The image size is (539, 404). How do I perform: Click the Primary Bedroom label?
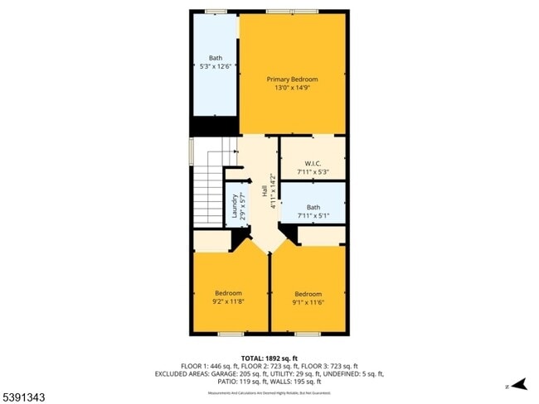pos(292,79)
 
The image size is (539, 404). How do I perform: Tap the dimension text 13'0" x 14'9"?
pos(292,89)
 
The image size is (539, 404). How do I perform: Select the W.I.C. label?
pos(313,163)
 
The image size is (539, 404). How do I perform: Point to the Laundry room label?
pos(234,202)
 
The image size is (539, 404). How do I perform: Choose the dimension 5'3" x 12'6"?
pos(215,65)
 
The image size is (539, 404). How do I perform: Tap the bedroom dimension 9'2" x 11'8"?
pos(229,301)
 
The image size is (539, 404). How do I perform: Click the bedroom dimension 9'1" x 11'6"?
pos(308,302)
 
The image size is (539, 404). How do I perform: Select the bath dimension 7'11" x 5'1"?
pos(313,215)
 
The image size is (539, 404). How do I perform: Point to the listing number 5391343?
pos(23,397)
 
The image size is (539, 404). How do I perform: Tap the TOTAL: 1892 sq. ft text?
pos(269,358)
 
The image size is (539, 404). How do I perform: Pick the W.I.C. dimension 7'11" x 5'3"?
pos(313,171)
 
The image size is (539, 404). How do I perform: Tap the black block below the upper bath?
pos(215,127)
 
